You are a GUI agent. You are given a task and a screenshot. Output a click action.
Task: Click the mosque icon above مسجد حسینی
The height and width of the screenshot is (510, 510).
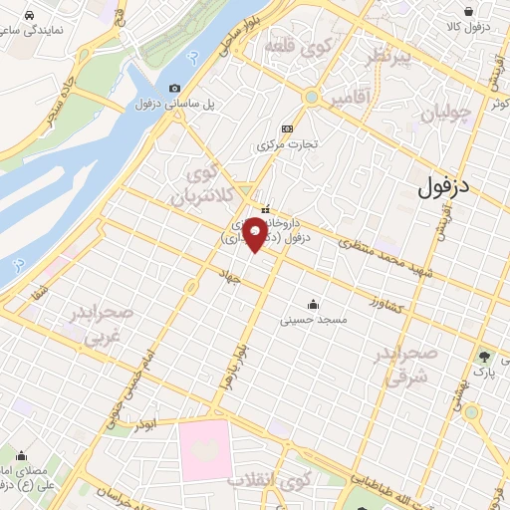(x=315, y=305)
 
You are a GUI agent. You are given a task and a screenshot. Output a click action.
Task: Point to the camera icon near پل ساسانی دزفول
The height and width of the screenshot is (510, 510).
(x=175, y=89)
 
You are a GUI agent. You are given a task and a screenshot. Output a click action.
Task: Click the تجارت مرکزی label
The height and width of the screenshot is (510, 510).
(x=287, y=143)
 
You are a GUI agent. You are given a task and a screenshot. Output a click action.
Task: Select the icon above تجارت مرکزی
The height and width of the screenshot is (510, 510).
(x=288, y=127)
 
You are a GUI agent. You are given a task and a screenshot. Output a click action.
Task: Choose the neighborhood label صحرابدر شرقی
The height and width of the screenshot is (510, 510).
(x=406, y=366)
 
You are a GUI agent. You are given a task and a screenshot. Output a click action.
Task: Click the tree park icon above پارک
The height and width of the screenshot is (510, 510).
(x=485, y=356)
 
